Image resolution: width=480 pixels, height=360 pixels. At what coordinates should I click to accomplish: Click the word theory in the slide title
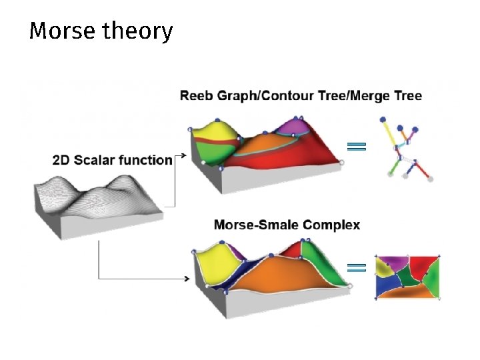pos(138,31)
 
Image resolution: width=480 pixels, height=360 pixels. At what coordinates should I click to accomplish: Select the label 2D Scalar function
pos(112,159)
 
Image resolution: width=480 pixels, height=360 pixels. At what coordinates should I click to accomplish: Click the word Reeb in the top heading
pos(197,95)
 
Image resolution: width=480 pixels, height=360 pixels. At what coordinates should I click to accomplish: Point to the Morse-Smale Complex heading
pos(287,225)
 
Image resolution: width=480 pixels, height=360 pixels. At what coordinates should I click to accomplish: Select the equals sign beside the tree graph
pos(356,147)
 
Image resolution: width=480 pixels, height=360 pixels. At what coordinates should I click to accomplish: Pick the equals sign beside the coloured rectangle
pos(357,268)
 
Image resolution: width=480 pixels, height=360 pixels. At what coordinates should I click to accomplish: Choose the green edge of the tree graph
pos(396,167)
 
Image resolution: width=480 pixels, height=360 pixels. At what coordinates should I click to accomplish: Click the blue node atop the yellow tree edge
pos(383,120)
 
